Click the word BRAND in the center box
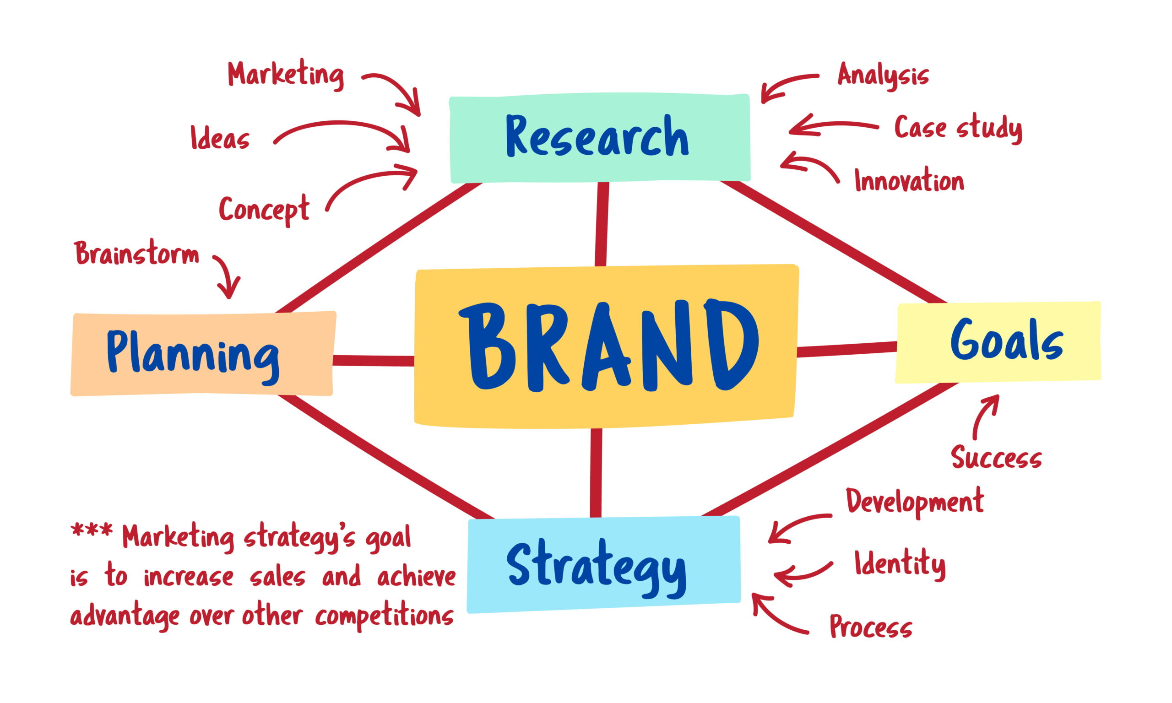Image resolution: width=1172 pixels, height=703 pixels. tap(609, 346)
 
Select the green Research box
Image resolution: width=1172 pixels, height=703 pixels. tap(600, 138)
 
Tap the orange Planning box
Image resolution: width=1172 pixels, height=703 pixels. tap(203, 353)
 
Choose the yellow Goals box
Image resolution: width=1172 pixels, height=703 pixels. tap(998, 342)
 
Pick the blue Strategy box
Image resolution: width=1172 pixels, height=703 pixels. tap(603, 564)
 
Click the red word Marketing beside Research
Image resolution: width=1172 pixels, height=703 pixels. tap(286, 75)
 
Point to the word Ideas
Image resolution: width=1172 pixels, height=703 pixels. tap(220, 138)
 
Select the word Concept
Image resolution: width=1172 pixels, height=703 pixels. tap(264, 209)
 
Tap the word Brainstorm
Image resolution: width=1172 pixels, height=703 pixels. tap(137, 254)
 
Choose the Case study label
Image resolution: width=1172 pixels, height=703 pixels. tap(958, 128)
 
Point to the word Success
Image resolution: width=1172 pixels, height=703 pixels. tap(997, 457)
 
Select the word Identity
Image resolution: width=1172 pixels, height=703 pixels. tap(900, 564)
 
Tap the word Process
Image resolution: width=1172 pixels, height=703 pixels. tap(871, 626)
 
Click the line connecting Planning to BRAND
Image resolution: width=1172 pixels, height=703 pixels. tap(374, 361)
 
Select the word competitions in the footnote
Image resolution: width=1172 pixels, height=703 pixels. tap(384, 616)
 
